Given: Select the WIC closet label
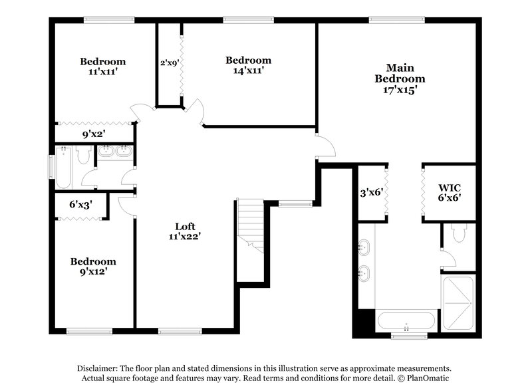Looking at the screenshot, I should (x=450, y=187).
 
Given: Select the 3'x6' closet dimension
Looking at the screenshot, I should (x=371, y=192).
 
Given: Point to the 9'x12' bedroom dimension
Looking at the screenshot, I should (x=93, y=272).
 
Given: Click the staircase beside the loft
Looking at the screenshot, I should (x=251, y=223).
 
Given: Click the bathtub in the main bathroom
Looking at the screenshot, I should (x=406, y=322).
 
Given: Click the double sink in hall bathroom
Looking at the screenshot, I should (x=116, y=152).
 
